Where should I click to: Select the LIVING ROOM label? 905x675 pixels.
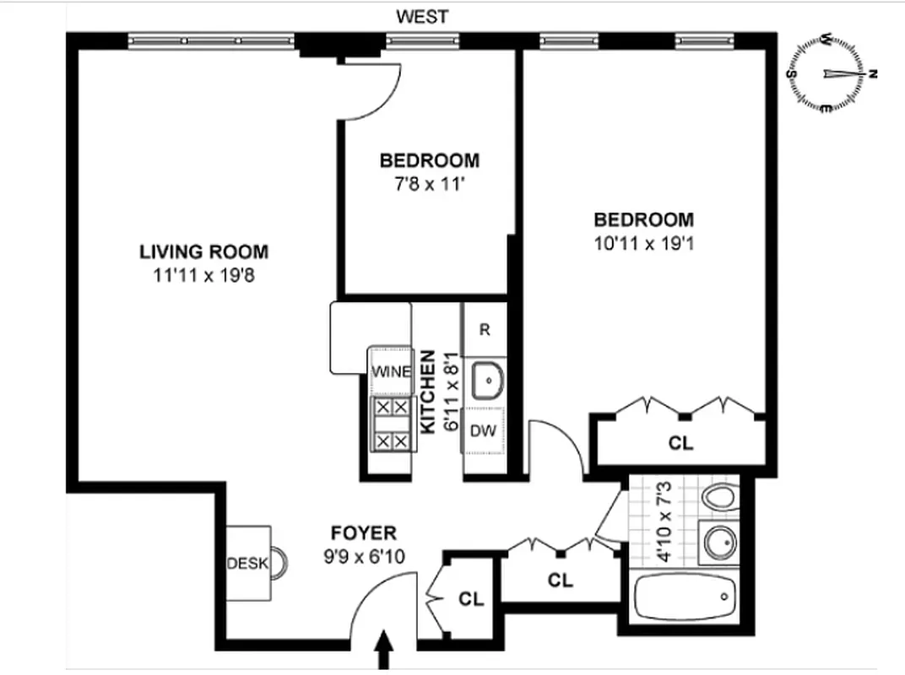pyautogui.click(x=203, y=251)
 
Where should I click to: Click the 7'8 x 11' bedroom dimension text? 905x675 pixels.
pyautogui.click(x=428, y=183)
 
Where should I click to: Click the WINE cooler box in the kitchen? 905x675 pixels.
pyautogui.click(x=390, y=371)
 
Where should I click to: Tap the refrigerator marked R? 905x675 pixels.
pyautogui.click(x=485, y=330)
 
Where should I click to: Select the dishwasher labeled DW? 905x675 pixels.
pyautogui.click(x=482, y=431)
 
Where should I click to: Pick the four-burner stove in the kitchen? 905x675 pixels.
pyautogui.click(x=391, y=424)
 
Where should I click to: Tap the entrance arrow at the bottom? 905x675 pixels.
pyautogui.click(x=384, y=650)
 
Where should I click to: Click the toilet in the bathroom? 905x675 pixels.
pyautogui.click(x=719, y=499)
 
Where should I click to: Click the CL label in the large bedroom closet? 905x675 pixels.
pyautogui.click(x=680, y=443)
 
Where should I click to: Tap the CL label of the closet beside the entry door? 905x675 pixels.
pyautogui.click(x=471, y=599)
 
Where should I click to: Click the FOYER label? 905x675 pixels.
pyautogui.click(x=363, y=533)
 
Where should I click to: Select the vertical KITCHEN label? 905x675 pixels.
pyautogui.click(x=429, y=391)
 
